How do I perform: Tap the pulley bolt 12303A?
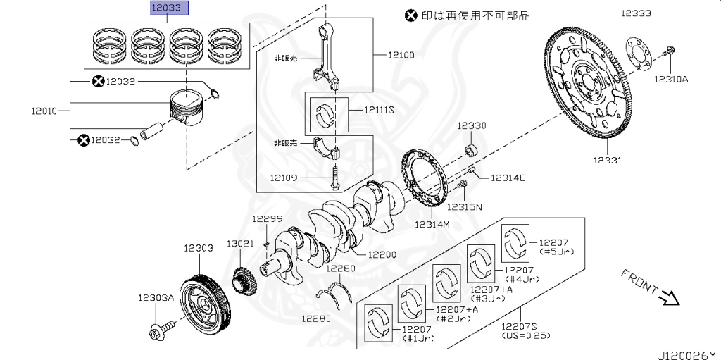pos(161,328)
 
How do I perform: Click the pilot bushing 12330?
pos(473,150)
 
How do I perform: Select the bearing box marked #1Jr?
pos(379,323)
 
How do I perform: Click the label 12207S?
pos(520,325)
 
